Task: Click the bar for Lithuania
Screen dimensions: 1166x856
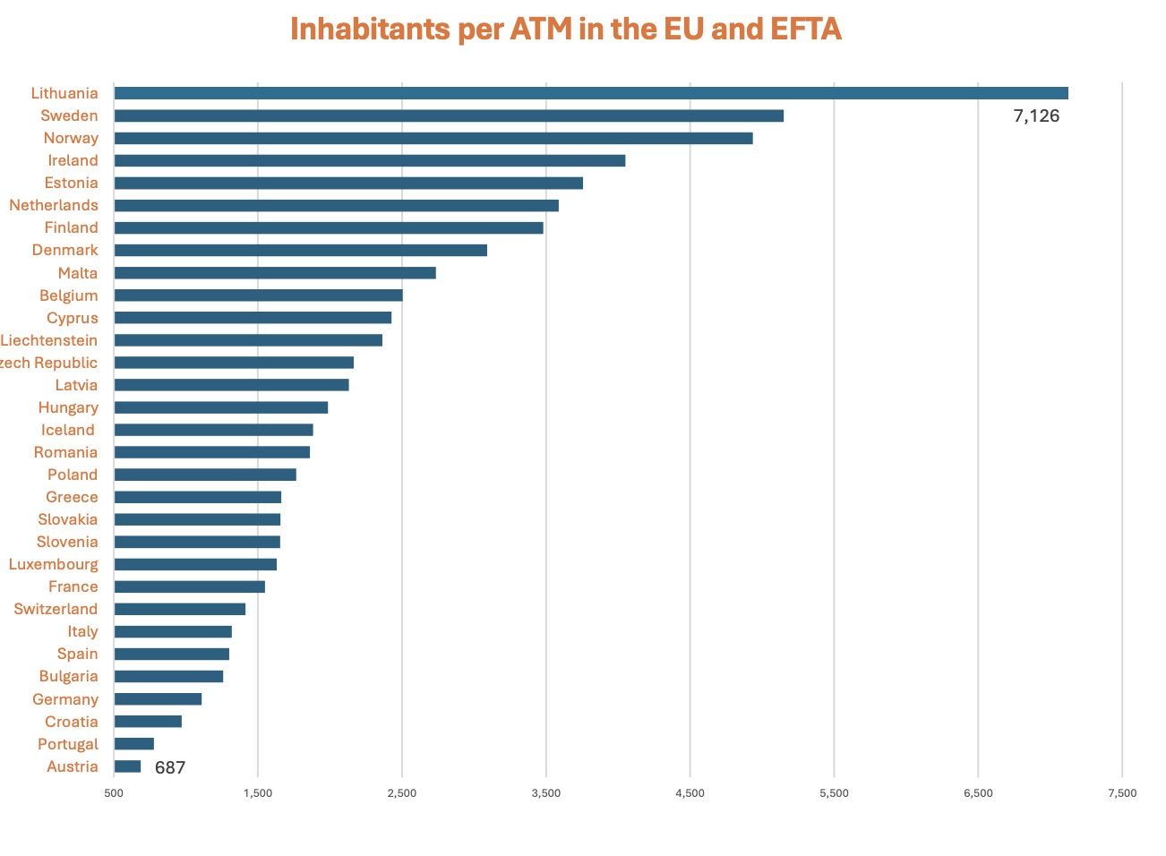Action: [x=591, y=93]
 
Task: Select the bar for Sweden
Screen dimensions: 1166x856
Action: [x=449, y=116]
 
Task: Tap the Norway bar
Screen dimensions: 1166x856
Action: [x=433, y=138]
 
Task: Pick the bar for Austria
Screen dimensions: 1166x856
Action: [x=127, y=766]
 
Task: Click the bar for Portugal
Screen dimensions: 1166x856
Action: [x=134, y=744]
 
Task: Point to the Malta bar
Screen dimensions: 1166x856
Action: [x=275, y=273]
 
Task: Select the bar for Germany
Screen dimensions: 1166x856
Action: [x=158, y=699]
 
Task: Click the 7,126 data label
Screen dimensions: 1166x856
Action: [x=1036, y=116]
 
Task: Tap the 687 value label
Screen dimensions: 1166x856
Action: [x=170, y=767]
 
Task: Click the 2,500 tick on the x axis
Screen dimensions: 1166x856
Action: [x=402, y=792]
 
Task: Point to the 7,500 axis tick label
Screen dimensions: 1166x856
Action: [x=1122, y=792]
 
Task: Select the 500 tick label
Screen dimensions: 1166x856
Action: [x=114, y=792]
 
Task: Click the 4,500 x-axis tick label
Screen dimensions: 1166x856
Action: [x=690, y=792]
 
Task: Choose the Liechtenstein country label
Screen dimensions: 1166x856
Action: [x=49, y=340]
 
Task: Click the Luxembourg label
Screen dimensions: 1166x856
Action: [x=54, y=564]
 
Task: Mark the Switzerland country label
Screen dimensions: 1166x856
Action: [x=56, y=609]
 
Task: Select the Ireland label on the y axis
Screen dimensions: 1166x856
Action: [x=73, y=160]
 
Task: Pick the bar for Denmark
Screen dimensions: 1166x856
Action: [x=300, y=250]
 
